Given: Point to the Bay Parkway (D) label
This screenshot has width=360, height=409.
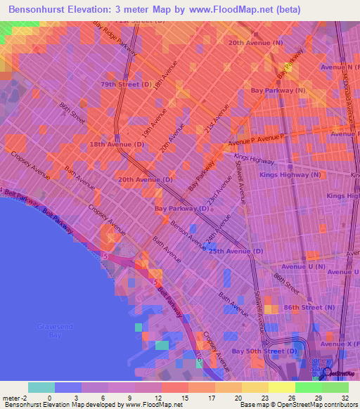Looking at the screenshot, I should [x=181, y=209].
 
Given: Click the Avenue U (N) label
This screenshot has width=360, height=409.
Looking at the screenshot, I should [x=303, y=267].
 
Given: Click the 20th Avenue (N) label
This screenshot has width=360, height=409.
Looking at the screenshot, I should [x=255, y=42].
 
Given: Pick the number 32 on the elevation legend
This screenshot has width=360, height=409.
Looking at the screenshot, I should [x=345, y=397].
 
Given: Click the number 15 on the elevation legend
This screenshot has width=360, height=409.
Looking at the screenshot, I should [x=185, y=397].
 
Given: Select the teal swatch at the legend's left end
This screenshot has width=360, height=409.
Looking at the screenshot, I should [x=41, y=387].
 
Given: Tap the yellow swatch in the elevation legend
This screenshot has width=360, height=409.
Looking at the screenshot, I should [x=281, y=387].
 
